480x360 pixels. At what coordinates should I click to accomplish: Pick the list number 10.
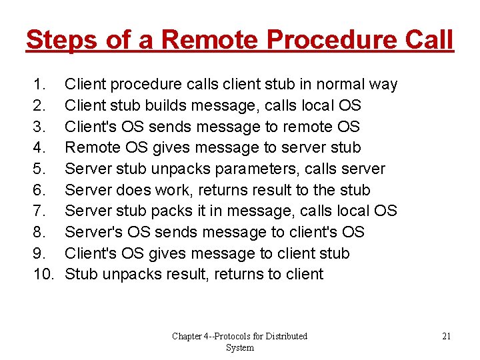[43, 275]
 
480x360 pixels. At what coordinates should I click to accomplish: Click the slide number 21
[447, 336]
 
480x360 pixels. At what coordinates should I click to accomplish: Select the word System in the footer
[240, 348]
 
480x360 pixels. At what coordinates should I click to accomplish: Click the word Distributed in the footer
[282, 336]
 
